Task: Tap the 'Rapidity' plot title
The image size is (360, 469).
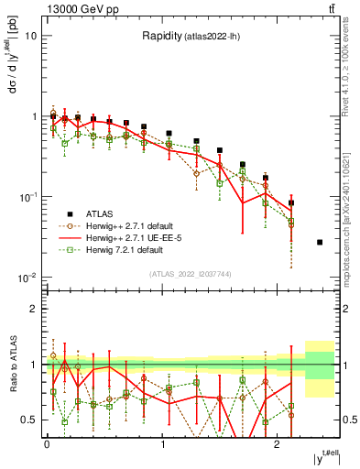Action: pyautogui.click(x=166, y=37)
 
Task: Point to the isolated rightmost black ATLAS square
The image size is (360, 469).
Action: pyautogui.click(x=319, y=242)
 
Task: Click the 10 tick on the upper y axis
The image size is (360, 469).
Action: pyautogui.click(x=30, y=36)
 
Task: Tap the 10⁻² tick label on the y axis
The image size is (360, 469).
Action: pyautogui.click(x=27, y=278)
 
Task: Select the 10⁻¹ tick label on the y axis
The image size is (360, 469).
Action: pyautogui.click(x=27, y=197)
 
